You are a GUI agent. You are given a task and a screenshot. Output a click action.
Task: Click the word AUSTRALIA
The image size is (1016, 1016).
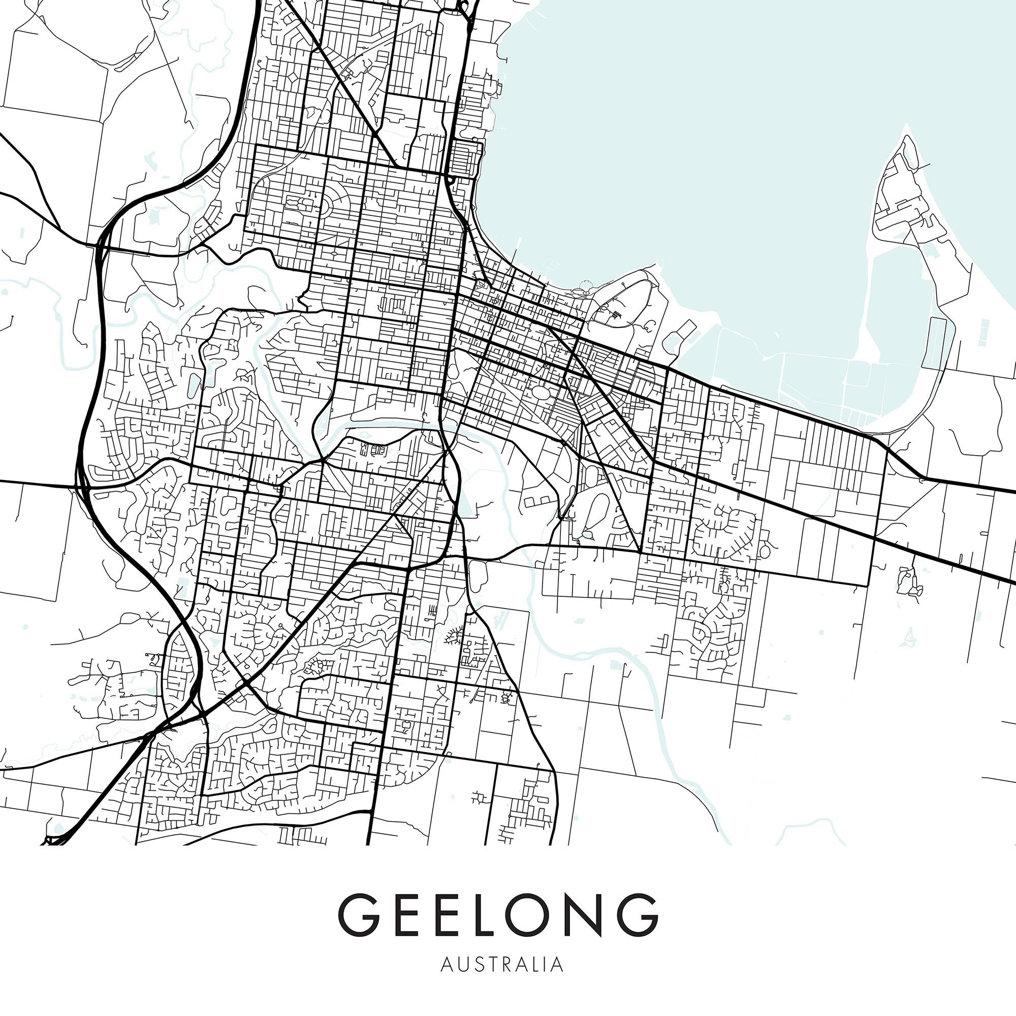click(502, 965)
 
